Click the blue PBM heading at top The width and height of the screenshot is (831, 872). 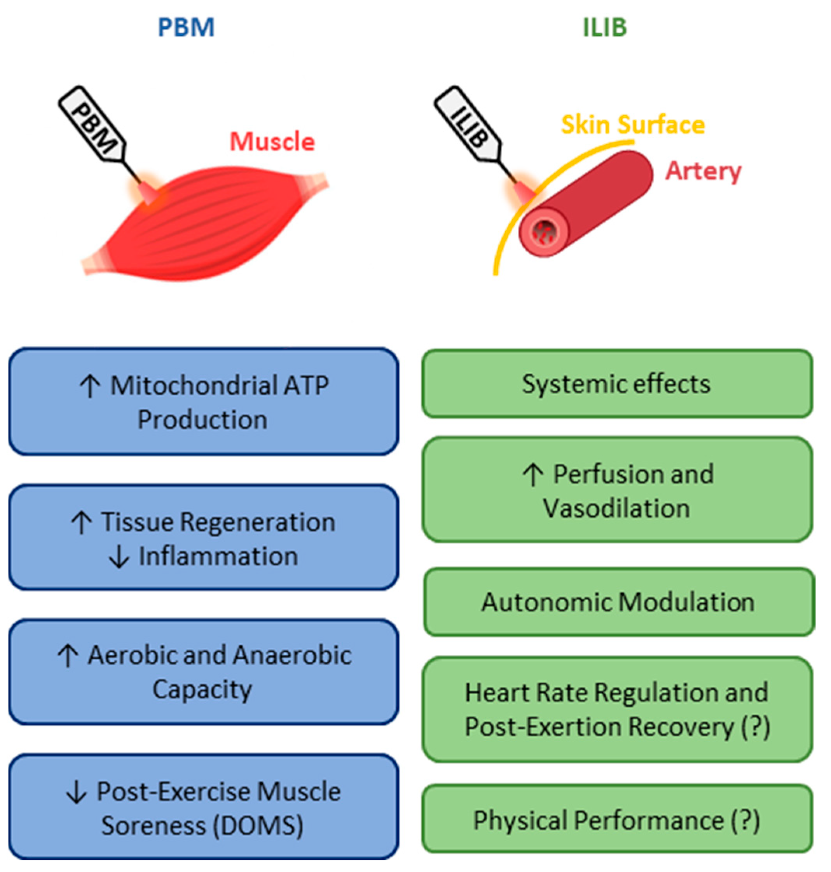186,27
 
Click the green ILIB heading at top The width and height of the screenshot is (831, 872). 605,27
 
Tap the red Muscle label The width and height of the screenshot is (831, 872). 272,142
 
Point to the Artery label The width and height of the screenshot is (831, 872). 704,171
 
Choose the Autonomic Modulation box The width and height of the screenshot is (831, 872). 618,602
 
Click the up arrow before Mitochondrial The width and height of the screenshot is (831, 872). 90,386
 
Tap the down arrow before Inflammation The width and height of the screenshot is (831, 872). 119,557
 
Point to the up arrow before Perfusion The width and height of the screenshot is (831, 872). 533,475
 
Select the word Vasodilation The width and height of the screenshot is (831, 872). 616,508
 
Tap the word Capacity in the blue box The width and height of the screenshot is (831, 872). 202,689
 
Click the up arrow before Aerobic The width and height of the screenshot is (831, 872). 68,656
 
